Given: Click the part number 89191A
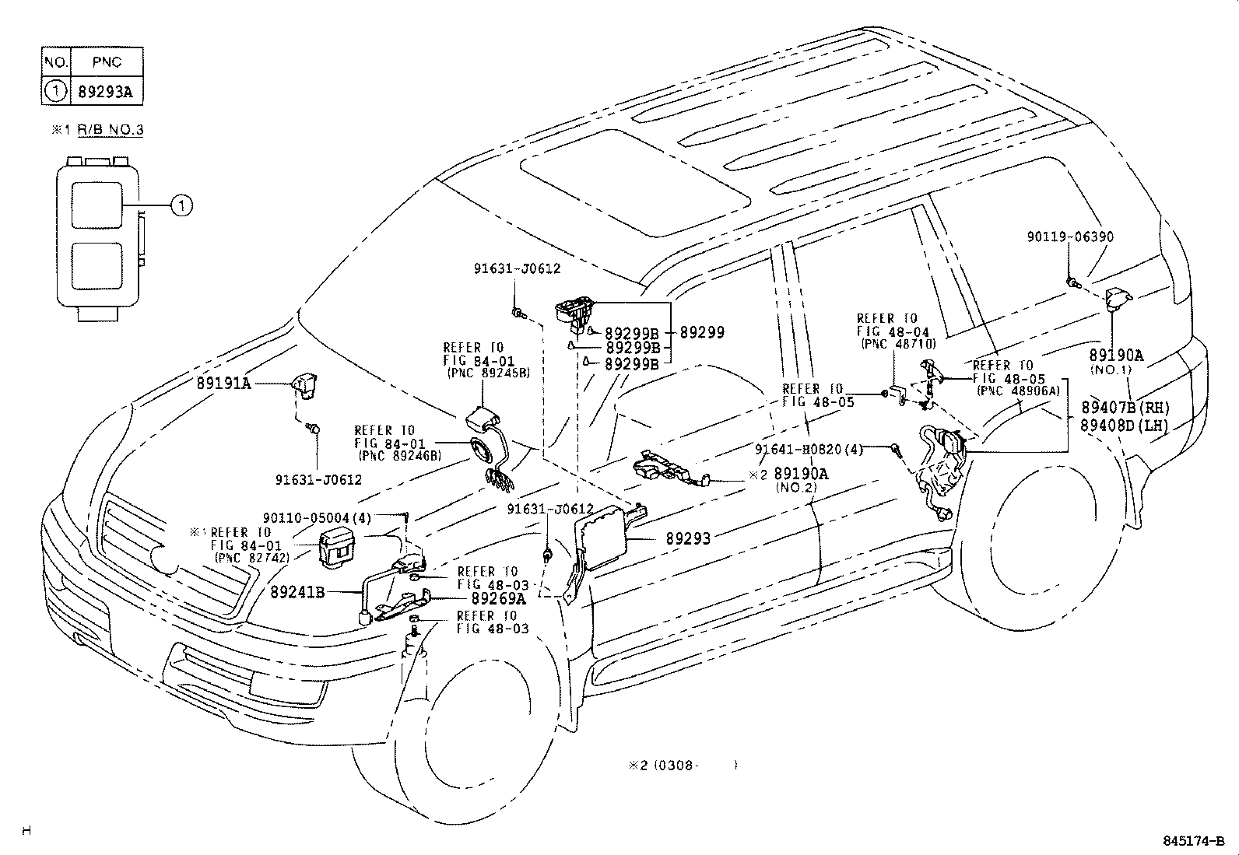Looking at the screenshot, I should pyautogui.click(x=223, y=384).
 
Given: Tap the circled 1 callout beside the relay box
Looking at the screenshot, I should pyautogui.click(x=181, y=205).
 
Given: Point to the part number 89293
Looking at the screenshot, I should pyautogui.click(x=687, y=538).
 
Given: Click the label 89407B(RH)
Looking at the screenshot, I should pyautogui.click(x=1125, y=408).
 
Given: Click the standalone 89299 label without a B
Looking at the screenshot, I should pyautogui.click(x=702, y=332).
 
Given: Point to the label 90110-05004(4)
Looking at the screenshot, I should pyautogui.click(x=317, y=517).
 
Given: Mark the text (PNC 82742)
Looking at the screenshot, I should pyautogui.click(x=253, y=557).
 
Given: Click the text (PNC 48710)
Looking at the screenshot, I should pyautogui.click(x=898, y=343).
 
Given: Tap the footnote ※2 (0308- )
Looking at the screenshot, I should pyautogui.click(x=682, y=765).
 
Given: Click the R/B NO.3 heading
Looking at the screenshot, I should pyautogui.click(x=110, y=130).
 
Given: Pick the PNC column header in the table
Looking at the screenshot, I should pyautogui.click(x=106, y=62).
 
